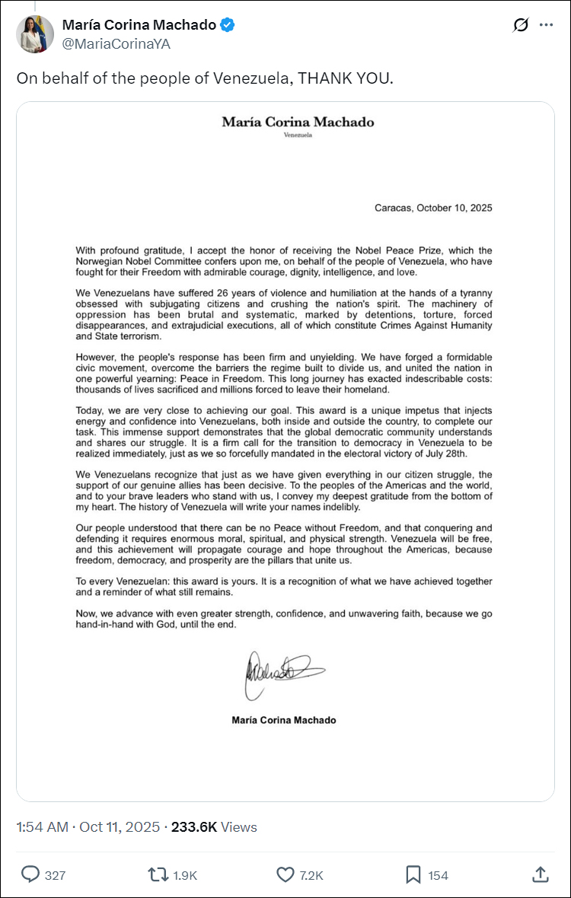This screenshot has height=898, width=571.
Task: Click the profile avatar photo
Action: coord(35,33)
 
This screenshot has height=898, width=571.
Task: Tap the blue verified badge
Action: coord(228,25)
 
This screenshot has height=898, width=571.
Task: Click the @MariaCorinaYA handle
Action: coord(116,44)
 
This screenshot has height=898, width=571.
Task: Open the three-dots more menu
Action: coord(546,25)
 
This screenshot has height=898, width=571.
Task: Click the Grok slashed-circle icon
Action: coord(521,25)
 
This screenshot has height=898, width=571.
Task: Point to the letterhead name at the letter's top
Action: coord(298,122)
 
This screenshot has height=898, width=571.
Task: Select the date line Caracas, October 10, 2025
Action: coord(433,208)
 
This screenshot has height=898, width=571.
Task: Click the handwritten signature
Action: coord(283,671)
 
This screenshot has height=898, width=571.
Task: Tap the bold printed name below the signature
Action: coord(284,720)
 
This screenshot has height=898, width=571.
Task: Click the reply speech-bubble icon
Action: coord(30,874)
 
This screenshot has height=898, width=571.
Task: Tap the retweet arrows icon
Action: coord(158,874)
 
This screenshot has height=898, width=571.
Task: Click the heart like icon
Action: coord(285,874)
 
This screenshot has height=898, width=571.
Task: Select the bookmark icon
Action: coord(413,874)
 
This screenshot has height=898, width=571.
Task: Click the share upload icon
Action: coord(540,874)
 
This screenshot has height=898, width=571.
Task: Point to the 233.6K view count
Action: coord(194,827)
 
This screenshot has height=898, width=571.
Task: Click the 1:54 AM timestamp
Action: coord(42,827)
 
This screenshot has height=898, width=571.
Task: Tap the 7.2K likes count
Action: coord(311,875)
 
